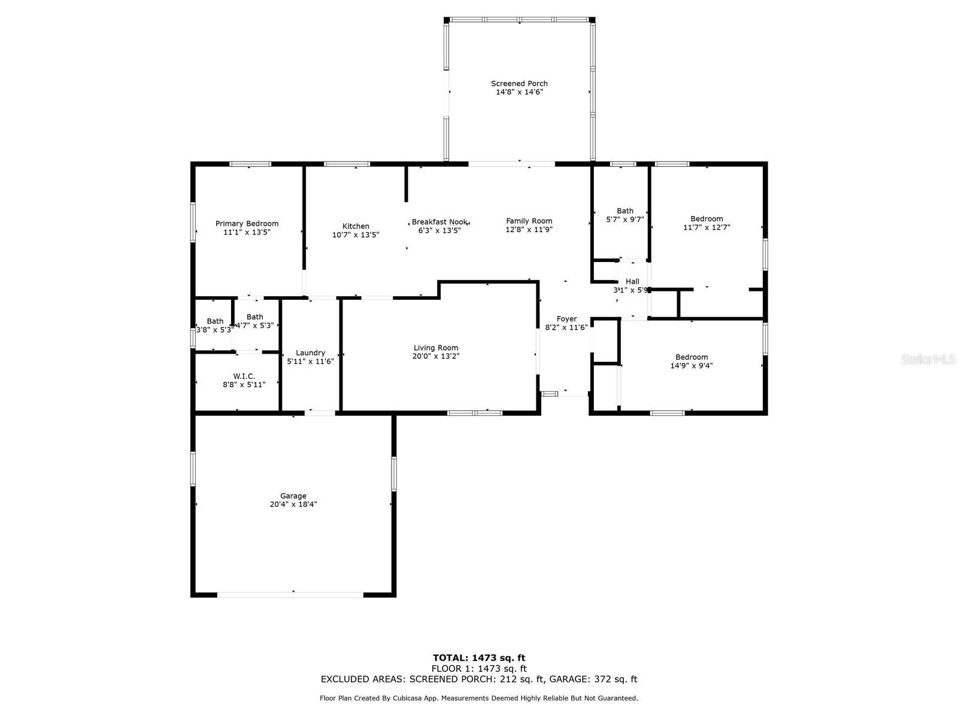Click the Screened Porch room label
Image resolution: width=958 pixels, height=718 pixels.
519,84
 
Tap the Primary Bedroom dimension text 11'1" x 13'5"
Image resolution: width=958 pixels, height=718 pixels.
247,232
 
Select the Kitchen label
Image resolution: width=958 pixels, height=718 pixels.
356,226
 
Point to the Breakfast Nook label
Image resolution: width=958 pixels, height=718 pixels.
439,222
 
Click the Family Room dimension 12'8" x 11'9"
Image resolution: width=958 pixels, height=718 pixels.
529,230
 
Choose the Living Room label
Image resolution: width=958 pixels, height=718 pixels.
435,348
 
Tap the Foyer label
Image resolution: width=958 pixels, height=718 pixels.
566,319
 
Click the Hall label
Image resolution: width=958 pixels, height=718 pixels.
632,281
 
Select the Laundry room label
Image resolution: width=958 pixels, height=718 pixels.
310,353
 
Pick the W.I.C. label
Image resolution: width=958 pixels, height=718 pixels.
244,376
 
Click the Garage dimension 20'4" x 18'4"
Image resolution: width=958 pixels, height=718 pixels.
293,504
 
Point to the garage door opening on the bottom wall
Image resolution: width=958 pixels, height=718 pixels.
290,594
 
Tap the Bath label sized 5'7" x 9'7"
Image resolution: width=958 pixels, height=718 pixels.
624,211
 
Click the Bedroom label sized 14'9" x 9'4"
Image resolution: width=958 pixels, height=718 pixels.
692,357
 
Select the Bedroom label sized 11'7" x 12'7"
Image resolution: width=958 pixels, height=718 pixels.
707,219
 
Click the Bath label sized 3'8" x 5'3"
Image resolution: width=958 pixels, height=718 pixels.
215,321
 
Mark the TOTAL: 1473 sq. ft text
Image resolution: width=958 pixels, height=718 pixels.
479,658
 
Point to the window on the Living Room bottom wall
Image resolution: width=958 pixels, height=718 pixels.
475,412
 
